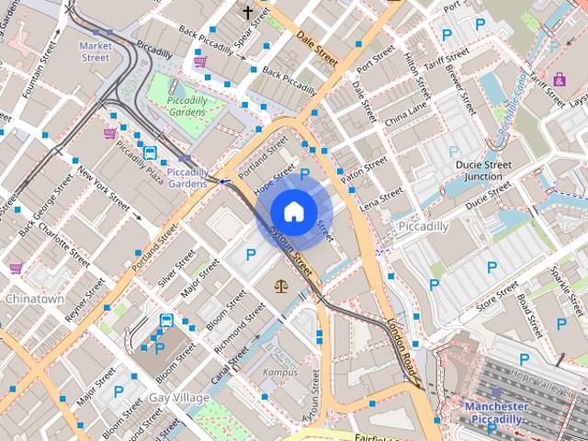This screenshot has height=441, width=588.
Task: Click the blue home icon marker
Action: click(293, 212)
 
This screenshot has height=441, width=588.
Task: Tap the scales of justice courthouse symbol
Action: click(280, 286)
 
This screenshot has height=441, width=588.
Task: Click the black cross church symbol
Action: click(247, 12)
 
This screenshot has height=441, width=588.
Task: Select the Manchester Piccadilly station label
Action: click(496, 413)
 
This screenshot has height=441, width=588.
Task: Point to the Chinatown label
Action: click(35, 300)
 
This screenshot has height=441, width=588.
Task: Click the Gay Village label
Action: click(178, 397)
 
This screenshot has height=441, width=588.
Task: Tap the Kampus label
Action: click(279, 372)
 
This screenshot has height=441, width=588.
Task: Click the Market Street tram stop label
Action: click(95, 51)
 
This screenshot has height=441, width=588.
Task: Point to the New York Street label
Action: click(101, 187)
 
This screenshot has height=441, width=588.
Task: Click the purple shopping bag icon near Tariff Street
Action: click(560, 78)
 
